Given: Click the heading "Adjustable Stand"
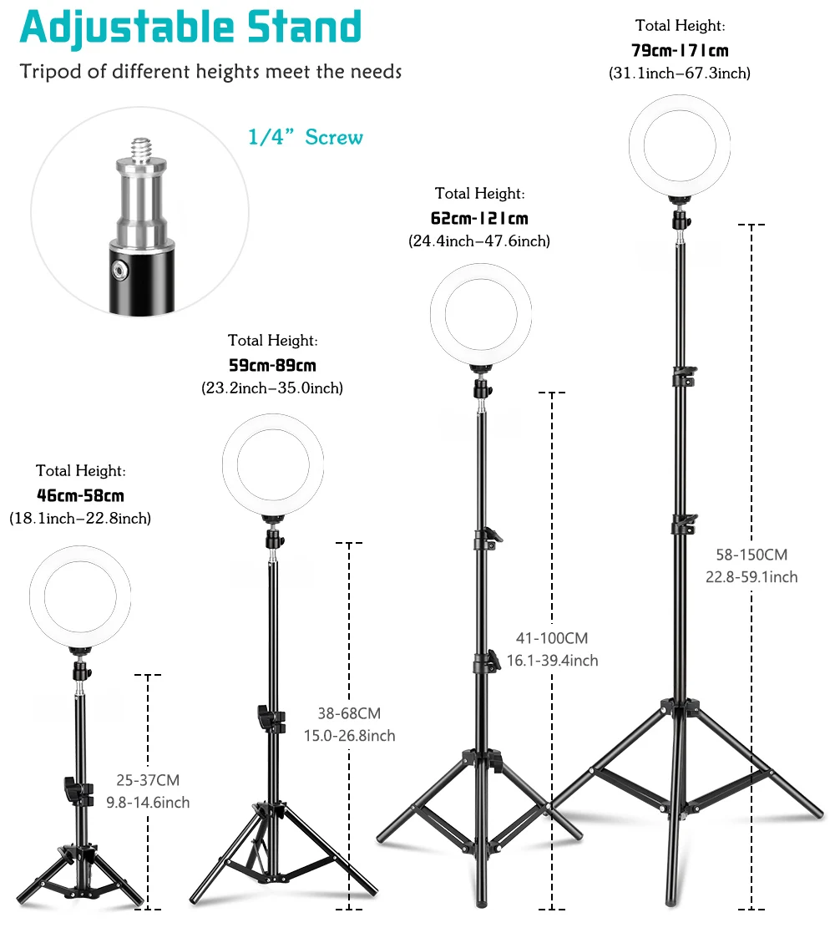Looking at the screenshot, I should click(190, 28).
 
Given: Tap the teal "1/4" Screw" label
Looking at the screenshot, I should click(306, 136).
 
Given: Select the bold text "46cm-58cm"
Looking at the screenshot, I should click(80, 495).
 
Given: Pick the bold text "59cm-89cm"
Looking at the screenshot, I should click(272, 365).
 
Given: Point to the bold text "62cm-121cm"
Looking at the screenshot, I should click(479, 218).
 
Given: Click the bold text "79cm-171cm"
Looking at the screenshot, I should click(680, 50).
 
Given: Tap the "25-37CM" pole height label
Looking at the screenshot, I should click(148, 780).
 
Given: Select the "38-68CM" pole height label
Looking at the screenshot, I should click(349, 713).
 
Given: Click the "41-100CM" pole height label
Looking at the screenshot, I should click(551, 638).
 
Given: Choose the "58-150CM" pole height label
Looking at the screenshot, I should click(751, 554).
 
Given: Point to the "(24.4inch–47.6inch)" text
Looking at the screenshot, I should click(479, 241).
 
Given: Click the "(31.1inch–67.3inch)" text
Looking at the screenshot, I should click(680, 74).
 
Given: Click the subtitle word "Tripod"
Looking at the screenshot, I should click(50, 71).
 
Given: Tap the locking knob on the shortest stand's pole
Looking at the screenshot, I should click(70, 787).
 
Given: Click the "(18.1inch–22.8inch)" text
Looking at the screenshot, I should click(80, 519).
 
